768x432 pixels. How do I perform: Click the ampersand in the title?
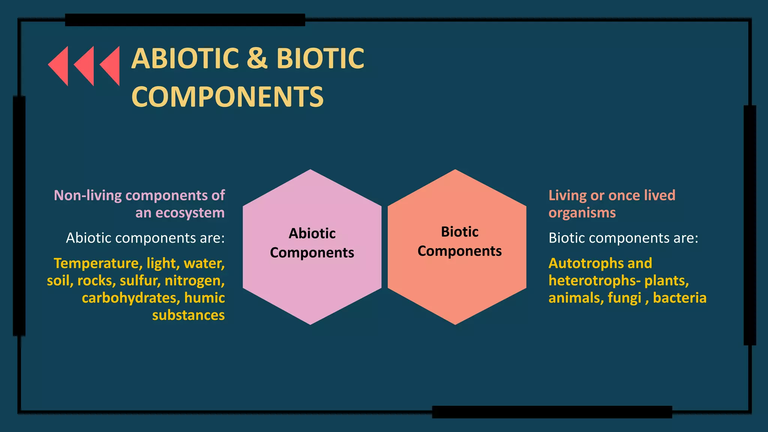[x=257, y=58]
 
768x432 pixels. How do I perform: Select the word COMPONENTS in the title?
[x=227, y=97]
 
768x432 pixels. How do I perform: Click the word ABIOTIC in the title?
[x=185, y=58]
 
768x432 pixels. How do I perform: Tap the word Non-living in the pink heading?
[x=88, y=195]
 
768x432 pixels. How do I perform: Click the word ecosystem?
[x=190, y=213]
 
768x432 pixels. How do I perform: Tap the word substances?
[x=188, y=315]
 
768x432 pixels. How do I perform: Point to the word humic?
[x=204, y=298]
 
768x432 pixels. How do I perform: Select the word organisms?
[x=582, y=213]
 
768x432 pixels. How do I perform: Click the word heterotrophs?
[x=592, y=280]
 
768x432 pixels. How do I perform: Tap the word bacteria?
[x=679, y=298]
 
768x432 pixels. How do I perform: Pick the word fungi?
[x=624, y=298]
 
